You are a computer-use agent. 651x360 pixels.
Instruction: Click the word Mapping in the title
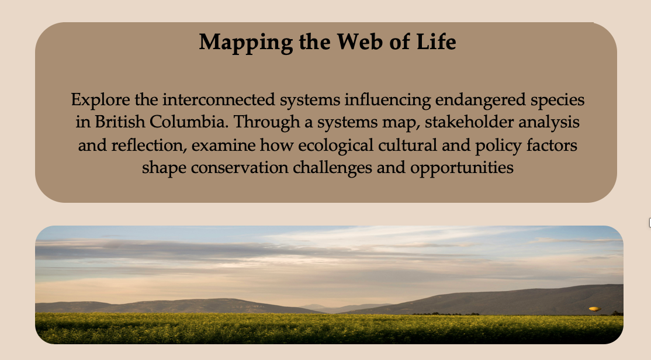point(246,43)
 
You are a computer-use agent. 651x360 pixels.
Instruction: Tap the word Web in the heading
point(360,41)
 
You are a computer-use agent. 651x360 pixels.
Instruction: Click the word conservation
point(239,168)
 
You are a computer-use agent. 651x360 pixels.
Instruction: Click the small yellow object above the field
point(594,309)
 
